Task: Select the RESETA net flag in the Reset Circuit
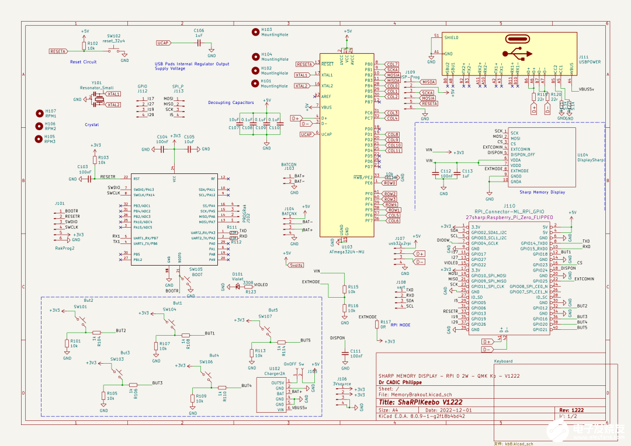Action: click(58, 51)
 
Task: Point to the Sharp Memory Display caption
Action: click(542, 192)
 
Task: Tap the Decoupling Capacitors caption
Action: click(231, 103)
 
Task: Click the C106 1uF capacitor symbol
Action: click(199, 43)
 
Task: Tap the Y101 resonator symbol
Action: click(99, 99)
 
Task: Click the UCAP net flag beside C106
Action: click(163, 43)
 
